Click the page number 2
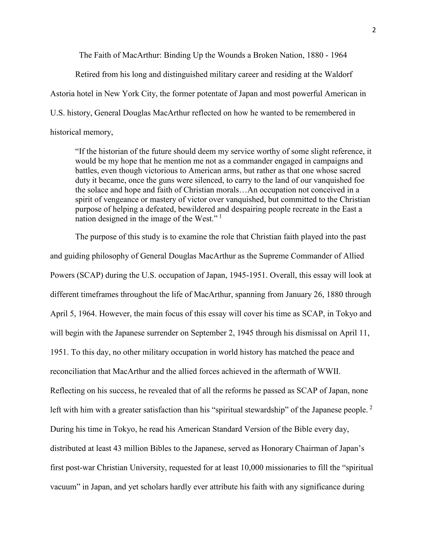[374, 30]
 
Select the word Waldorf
[338, 75]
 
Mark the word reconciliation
[80, 371]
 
